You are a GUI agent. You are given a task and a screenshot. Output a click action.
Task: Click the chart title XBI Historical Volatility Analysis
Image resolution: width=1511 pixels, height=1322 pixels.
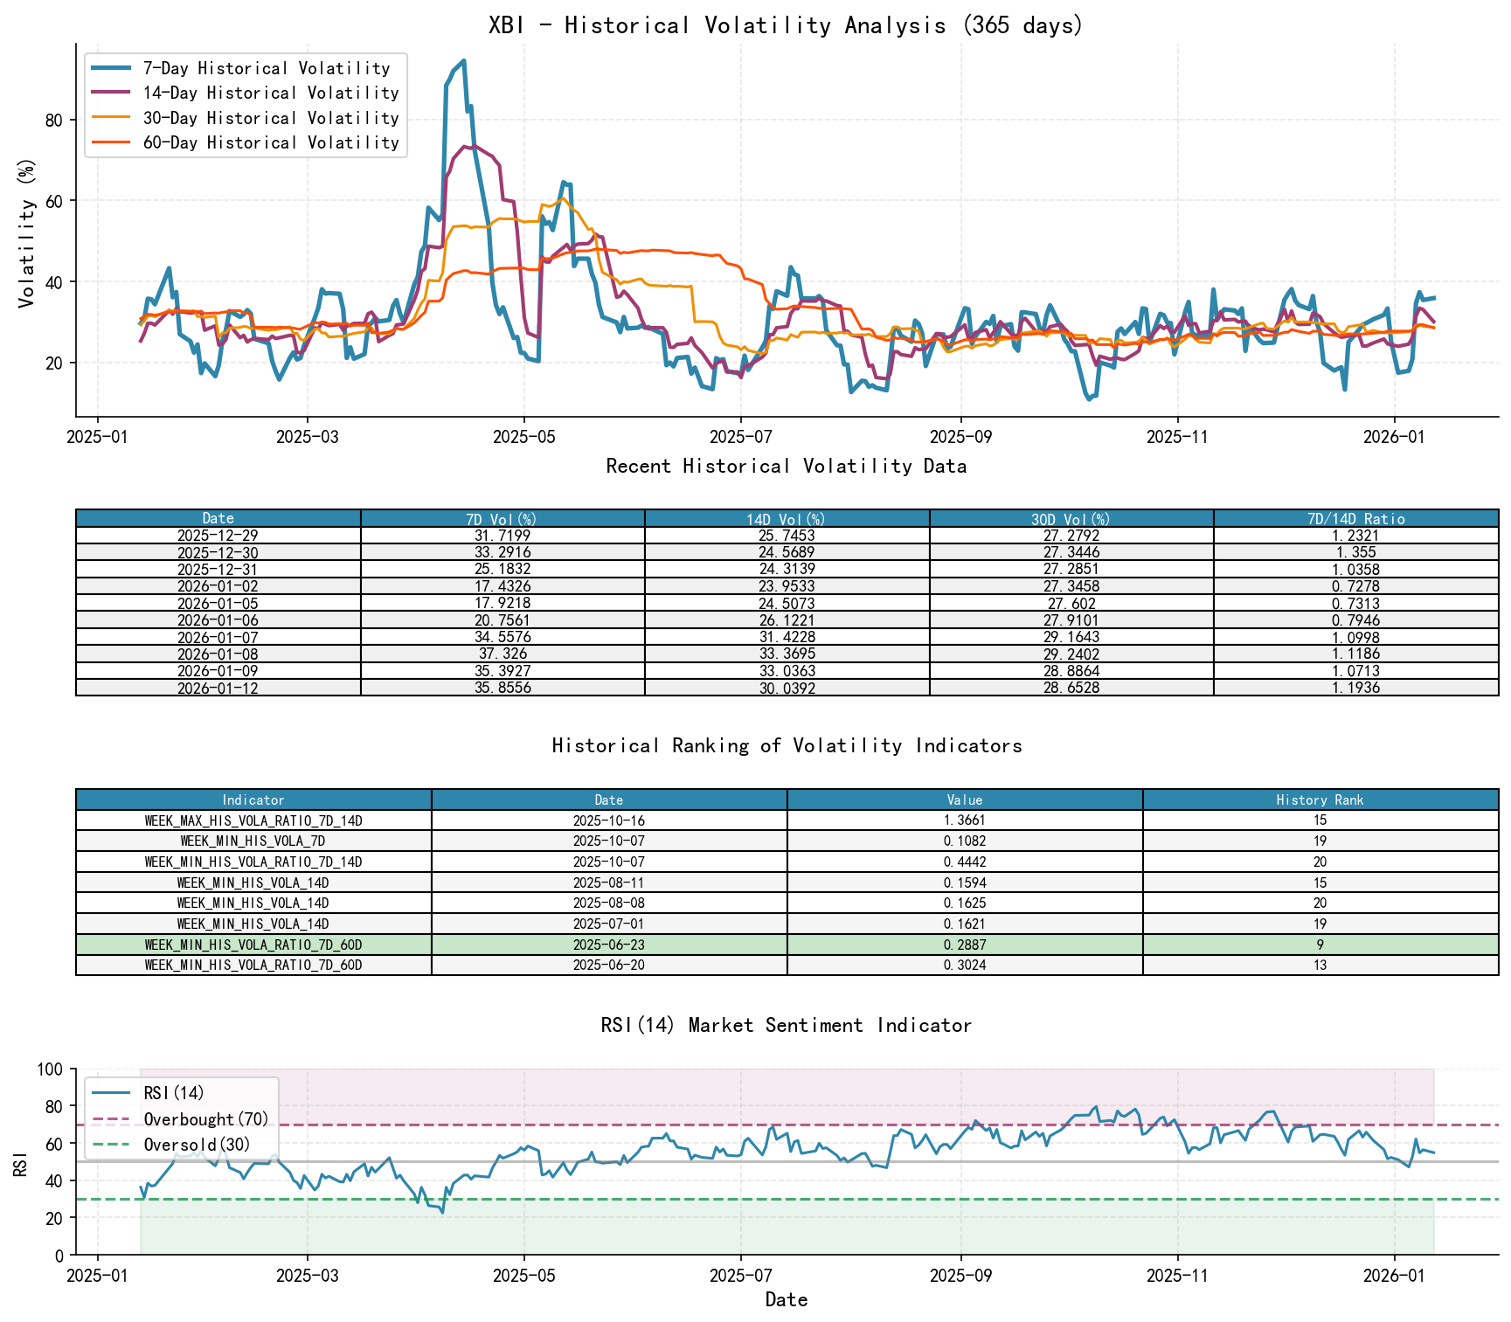(x=786, y=25)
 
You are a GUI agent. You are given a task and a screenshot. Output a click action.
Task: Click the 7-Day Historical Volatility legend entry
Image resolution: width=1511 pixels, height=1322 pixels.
(x=267, y=68)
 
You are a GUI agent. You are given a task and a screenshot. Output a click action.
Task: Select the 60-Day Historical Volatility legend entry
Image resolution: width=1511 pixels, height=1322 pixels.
(x=271, y=142)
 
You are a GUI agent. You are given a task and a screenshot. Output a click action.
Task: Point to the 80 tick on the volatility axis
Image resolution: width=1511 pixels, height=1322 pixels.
(x=54, y=120)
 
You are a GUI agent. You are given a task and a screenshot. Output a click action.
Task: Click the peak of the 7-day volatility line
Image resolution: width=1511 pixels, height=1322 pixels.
(x=464, y=60)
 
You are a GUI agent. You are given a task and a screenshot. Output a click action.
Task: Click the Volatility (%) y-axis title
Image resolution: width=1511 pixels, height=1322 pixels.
(x=26, y=233)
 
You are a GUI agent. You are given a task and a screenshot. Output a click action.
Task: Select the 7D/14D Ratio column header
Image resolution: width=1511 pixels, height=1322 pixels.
(x=1355, y=519)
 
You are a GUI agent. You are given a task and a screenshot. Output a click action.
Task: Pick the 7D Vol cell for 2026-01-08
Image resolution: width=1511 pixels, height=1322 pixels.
(x=503, y=654)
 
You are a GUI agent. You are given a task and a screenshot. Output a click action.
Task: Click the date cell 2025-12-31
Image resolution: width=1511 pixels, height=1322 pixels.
(x=218, y=570)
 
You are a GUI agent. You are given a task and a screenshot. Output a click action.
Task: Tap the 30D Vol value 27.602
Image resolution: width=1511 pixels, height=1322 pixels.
(x=1071, y=604)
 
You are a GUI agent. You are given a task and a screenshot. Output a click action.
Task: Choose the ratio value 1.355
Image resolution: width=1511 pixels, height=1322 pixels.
(x=1355, y=552)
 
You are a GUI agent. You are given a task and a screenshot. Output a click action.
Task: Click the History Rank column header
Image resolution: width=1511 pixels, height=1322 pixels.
(x=1320, y=799)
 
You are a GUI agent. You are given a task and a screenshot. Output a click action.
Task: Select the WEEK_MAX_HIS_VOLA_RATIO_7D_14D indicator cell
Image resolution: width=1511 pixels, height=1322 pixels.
(x=253, y=820)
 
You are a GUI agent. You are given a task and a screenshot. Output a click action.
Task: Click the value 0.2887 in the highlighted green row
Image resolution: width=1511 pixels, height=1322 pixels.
(x=965, y=945)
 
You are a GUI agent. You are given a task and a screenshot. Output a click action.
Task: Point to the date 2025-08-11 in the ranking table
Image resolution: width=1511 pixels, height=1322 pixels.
(x=609, y=882)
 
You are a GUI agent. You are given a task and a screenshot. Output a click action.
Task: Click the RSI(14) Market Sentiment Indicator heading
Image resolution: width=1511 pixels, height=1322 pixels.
(x=786, y=1025)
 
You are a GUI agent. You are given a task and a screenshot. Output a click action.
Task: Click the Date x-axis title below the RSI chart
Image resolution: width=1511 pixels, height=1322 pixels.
(x=786, y=1299)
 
